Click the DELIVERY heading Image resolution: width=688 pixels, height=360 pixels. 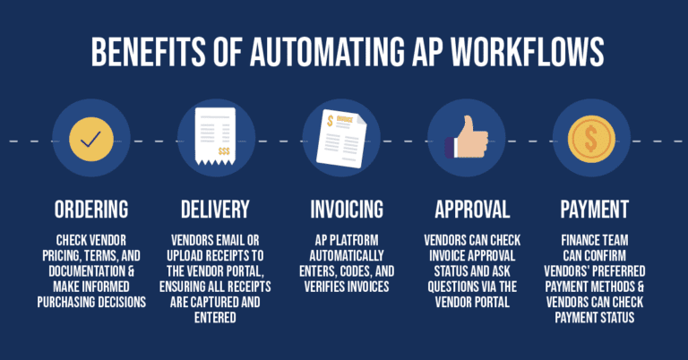pos(215,210)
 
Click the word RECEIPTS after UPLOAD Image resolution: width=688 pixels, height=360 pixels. pos(246,256)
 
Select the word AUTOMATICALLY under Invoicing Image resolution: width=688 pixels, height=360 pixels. pos(347,256)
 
